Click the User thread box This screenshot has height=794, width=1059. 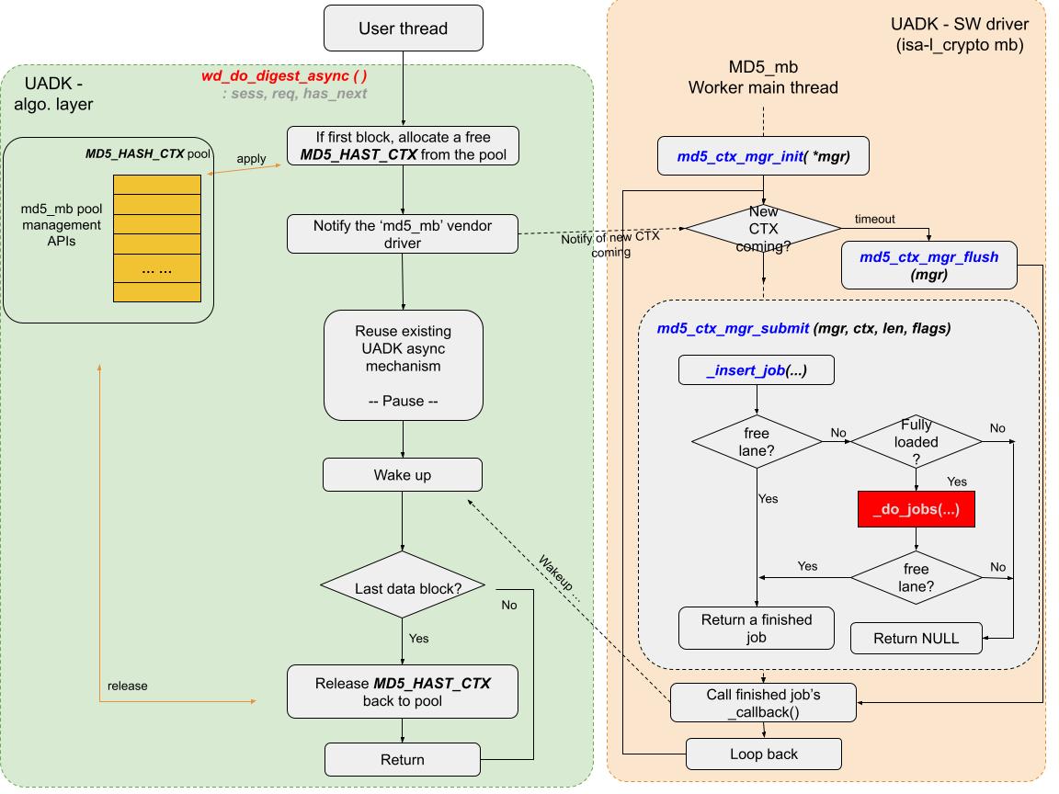pyautogui.click(x=403, y=28)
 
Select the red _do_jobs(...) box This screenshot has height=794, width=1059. pyautogui.click(x=916, y=508)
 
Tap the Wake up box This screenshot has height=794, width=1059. pyautogui.click(x=403, y=475)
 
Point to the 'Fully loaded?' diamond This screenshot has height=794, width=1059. pyautogui.click(x=916, y=442)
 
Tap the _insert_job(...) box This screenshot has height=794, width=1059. pyautogui.click(x=756, y=370)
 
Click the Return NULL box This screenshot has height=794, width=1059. pyautogui.click(x=916, y=638)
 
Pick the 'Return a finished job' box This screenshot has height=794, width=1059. pyautogui.click(x=756, y=629)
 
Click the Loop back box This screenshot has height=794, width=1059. pyautogui.click(x=764, y=754)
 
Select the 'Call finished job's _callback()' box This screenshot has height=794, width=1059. pyautogui.click(x=763, y=704)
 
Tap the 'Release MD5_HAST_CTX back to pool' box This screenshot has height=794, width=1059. pyautogui.click(x=403, y=693)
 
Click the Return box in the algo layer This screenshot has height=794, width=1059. pyautogui.click(x=403, y=759)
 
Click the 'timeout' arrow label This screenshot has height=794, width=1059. pyautogui.click(x=873, y=220)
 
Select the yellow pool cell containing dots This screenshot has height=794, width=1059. pyautogui.click(x=156, y=271)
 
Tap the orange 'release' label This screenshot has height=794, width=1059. pyautogui.click(x=127, y=686)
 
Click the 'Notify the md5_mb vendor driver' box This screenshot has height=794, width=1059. pyautogui.click(x=403, y=233)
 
